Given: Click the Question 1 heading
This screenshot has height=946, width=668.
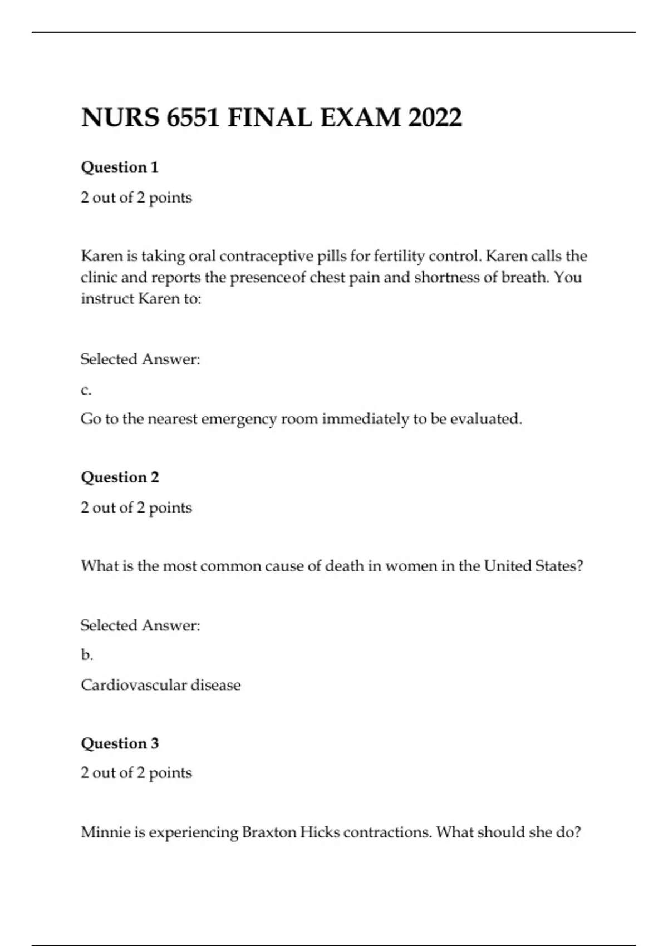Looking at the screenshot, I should pos(120,167).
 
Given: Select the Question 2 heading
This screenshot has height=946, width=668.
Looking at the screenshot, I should pos(120,477).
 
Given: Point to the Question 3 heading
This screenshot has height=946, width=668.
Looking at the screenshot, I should pos(120,743).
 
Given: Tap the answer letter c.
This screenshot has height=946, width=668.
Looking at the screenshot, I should pos(86,390).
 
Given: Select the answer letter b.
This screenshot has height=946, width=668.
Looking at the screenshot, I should pos(86,655).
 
